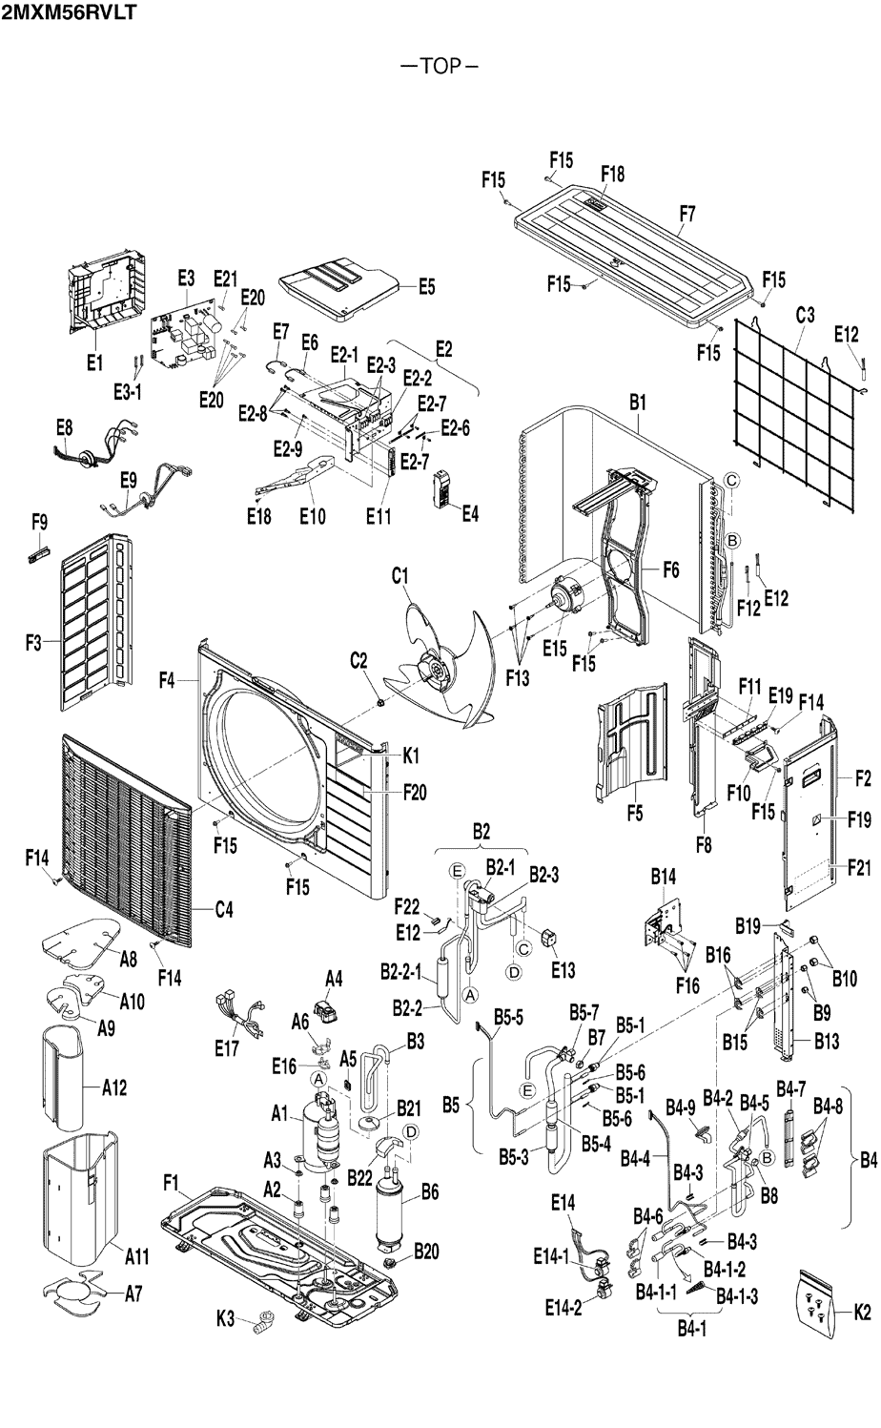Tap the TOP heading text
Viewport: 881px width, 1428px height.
pyautogui.click(x=440, y=67)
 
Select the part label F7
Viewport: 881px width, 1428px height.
pyautogui.click(x=687, y=214)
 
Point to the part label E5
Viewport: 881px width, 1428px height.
pyautogui.click(x=427, y=287)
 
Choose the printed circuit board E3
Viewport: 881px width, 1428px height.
pyautogui.click(x=186, y=338)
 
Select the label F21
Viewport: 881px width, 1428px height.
pyautogui.click(x=859, y=868)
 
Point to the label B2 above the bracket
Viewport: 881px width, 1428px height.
pyautogui.click(x=481, y=831)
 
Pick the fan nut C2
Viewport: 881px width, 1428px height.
pyautogui.click(x=379, y=702)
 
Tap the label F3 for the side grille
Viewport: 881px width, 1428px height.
pyautogui.click(x=33, y=643)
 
